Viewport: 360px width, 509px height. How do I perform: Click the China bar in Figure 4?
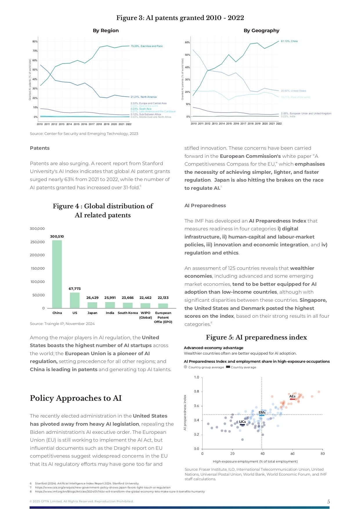pos(57,274)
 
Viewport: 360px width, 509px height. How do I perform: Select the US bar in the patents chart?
pos(75,300)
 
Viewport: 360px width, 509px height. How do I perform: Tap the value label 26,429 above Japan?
pos(92,298)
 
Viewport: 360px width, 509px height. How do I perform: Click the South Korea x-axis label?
pos(128,313)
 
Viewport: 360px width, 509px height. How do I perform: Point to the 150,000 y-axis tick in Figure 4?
pos(38,268)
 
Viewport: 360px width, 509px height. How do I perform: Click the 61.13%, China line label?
pos(289,41)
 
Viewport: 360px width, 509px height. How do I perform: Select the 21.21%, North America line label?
pos(144,97)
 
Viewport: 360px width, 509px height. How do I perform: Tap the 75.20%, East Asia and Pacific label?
pos(147,46)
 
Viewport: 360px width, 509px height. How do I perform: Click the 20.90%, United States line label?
pos(293,91)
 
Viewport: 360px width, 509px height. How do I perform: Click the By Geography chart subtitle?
pos(261,30)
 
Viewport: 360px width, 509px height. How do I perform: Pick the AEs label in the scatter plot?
pos(292,396)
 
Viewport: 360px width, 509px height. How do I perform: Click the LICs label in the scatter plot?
pos(242,422)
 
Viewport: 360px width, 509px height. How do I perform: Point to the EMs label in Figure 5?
pos(262,412)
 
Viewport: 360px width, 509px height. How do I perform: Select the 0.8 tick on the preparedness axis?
pos(196,391)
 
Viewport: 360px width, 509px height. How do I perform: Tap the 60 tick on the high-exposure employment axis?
pos(292,454)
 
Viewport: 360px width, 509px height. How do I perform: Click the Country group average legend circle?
pos(186,367)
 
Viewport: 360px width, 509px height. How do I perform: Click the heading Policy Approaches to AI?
pos(76,398)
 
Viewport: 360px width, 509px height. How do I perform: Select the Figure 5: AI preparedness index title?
pos(256,337)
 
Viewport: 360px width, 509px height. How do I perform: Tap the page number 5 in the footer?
pos(328,501)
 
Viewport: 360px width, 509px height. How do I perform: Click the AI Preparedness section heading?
pos(205,205)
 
